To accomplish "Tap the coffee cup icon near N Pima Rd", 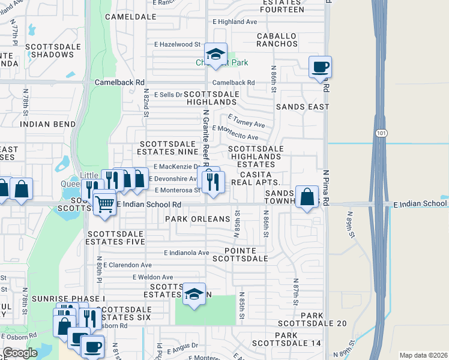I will [320, 67].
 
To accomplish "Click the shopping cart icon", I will [104, 204].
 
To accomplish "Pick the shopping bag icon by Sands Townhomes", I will [307, 197].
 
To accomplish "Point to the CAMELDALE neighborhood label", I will [127, 17].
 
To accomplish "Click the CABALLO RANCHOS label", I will [277, 40].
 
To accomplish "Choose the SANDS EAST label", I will [303, 107].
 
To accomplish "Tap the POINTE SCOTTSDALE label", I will [246, 254].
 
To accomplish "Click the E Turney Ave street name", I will [246, 121].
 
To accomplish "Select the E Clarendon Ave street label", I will [127, 265].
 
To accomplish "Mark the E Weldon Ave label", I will [152, 277].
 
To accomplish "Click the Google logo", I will [20, 353].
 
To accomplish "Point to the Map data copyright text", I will [423, 355].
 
